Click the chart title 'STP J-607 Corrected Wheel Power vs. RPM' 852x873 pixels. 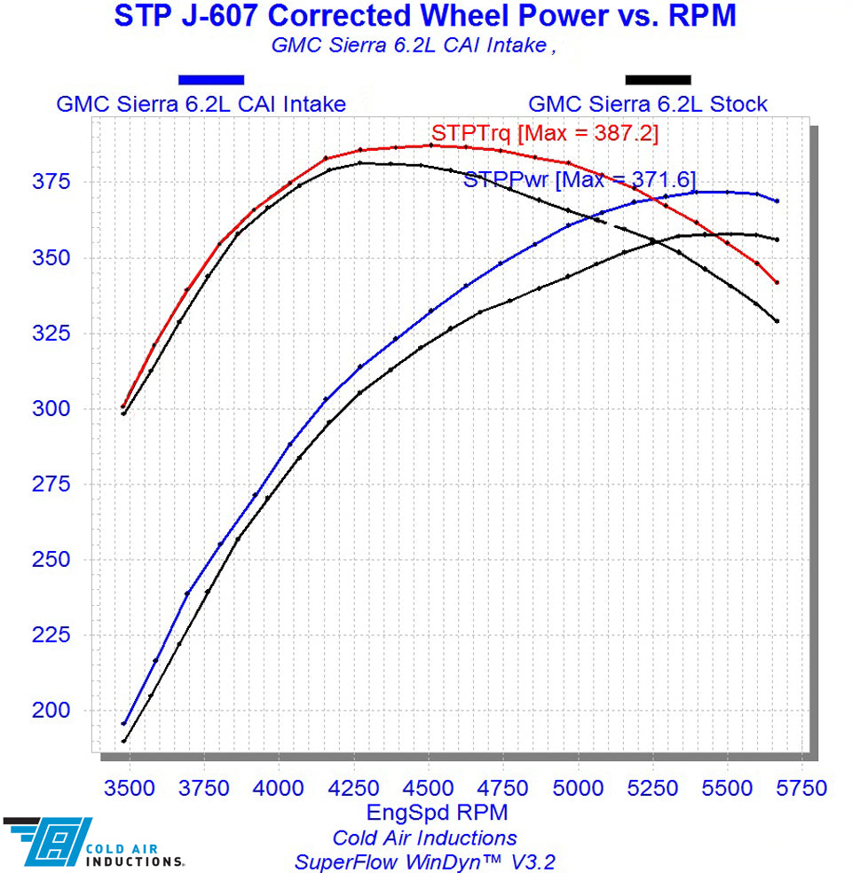pos(425,16)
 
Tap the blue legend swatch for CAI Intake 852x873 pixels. pos(210,80)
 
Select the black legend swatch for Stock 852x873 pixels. pos(658,80)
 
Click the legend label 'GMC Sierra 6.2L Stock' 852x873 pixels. pos(648,104)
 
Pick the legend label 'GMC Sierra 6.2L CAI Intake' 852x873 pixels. pos(201,104)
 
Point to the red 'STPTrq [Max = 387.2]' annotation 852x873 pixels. pos(544,134)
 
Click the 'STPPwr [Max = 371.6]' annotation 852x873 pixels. pos(580,179)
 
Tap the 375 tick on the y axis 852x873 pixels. pos(62,182)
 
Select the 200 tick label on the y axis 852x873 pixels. pos(62,711)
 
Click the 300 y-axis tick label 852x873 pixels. pos(62,409)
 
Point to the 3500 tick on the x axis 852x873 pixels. pos(130,788)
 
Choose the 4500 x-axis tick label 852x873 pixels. pos(429,788)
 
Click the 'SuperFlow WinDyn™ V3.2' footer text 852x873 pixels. pos(424,861)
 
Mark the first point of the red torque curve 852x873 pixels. pos(123,406)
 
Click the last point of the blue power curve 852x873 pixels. pos(777,201)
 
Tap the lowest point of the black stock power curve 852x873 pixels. pos(123,741)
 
